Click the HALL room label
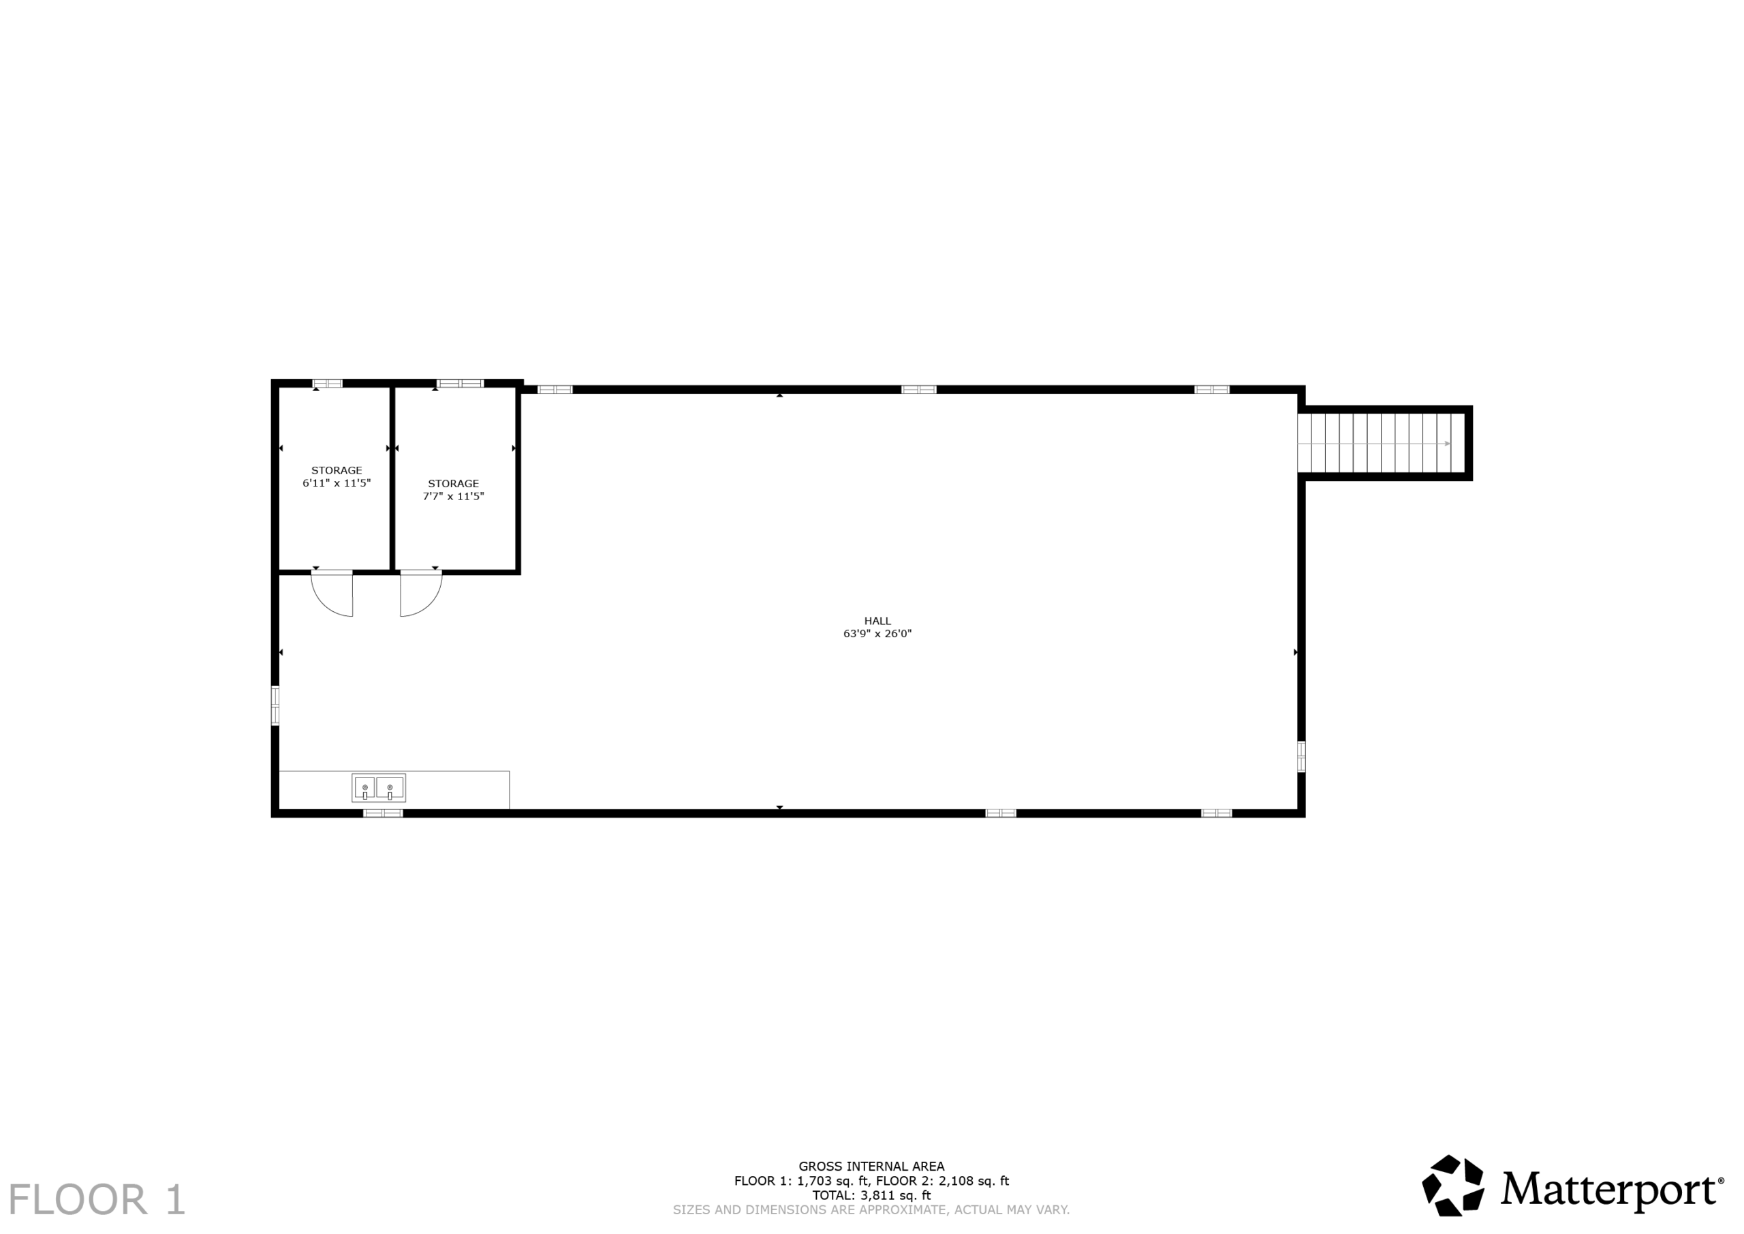877,621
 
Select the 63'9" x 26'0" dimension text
877,634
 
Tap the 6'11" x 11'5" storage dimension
337,483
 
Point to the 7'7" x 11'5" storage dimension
454,496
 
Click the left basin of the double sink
364,788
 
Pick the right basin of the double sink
390,788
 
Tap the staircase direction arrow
1375,444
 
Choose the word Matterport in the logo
1607,1190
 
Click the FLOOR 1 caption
97,1200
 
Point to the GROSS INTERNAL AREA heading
871,1167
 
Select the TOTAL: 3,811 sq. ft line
871,1195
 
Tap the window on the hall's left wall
275,706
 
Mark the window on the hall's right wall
1301,756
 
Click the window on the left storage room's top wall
328,383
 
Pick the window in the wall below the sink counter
383,813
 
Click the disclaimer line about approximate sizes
871,1209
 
